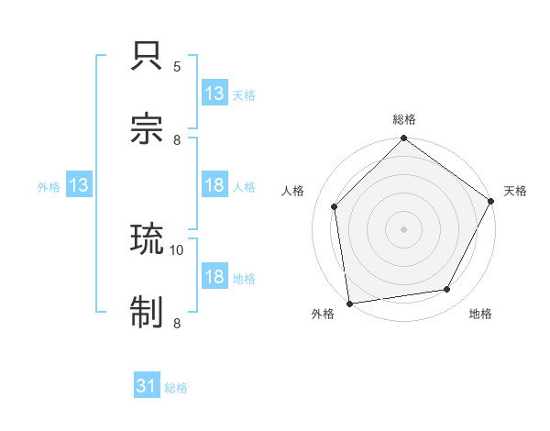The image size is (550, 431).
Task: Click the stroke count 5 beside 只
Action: click(x=177, y=67)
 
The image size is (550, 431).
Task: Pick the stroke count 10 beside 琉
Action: click(x=177, y=249)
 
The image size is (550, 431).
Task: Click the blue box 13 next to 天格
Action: click(x=214, y=94)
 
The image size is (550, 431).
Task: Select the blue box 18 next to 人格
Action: click(x=214, y=185)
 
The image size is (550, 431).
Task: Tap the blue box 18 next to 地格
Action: click(x=214, y=277)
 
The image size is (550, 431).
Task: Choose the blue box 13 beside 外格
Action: click(x=79, y=185)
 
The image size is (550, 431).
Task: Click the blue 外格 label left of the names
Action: click(x=49, y=186)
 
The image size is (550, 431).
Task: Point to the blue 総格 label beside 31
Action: click(x=176, y=388)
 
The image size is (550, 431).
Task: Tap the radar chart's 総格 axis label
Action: click(x=404, y=119)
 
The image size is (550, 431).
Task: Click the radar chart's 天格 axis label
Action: click(x=515, y=191)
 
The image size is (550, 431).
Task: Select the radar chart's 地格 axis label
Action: click(x=480, y=315)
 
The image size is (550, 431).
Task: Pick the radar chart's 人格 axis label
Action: click(x=293, y=191)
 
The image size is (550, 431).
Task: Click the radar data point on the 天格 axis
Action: click(x=491, y=202)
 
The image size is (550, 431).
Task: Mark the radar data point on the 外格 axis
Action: click(x=349, y=303)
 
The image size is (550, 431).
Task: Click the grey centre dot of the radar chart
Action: click(x=404, y=228)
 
